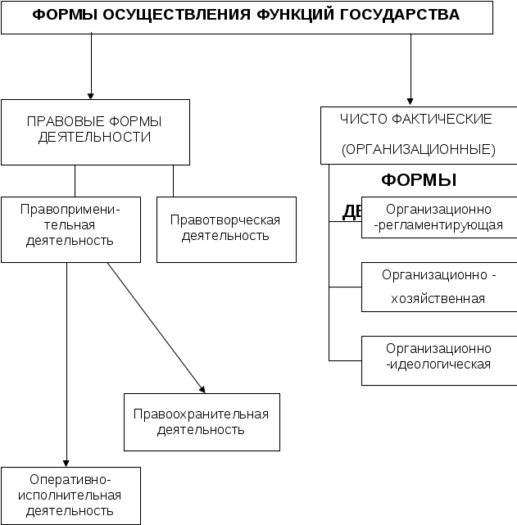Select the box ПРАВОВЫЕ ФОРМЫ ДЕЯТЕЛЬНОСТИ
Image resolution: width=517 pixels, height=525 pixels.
(95, 131)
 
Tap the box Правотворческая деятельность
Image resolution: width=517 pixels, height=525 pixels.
(225, 229)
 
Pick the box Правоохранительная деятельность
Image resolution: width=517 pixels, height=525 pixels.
(202, 422)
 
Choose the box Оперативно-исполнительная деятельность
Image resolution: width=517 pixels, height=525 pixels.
(70, 496)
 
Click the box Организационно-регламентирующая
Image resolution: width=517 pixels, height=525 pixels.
(438, 217)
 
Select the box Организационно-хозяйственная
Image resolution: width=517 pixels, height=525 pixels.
(438, 287)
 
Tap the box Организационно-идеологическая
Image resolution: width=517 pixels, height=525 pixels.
(438, 356)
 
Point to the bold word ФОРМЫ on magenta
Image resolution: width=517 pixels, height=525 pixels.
(419, 180)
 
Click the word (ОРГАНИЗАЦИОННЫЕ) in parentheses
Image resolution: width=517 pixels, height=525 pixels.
(419, 150)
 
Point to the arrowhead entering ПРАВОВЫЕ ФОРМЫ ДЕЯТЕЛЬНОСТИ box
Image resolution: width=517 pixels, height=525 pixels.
(91, 94)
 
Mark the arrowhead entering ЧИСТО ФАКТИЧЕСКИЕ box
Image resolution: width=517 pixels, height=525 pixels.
(410, 102)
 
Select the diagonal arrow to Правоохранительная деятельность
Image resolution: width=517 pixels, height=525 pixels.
(156, 328)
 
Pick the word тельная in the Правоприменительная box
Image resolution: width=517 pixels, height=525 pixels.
(70, 225)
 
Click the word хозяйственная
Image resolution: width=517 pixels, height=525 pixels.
(439, 299)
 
